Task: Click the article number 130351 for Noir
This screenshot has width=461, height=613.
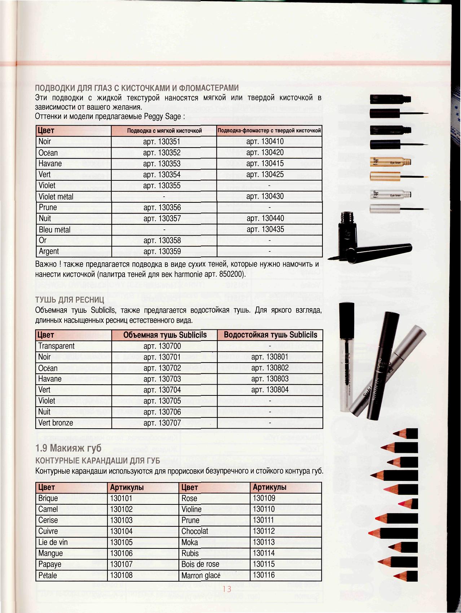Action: [162, 141]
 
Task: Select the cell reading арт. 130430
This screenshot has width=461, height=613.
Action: [265, 197]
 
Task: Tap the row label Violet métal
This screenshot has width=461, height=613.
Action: [56, 197]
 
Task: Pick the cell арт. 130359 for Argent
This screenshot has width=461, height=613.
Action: [162, 251]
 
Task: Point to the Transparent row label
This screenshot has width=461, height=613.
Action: [56, 346]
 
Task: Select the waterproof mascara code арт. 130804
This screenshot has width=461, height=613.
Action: [270, 390]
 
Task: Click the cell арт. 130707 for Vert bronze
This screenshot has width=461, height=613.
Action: [162, 423]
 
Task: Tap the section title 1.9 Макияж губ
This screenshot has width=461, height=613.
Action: [69, 448]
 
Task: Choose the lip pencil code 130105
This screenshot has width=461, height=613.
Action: [122, 542]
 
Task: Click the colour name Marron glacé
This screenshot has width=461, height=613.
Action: [201, 575]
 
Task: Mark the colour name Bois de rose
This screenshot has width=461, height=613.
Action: [200, 564]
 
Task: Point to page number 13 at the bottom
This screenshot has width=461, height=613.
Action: [227, 590]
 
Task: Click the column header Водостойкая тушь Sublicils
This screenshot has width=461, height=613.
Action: [270, 335]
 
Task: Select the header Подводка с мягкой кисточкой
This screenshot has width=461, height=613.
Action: [164, 130]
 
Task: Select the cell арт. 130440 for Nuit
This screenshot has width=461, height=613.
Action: [265, 218]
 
